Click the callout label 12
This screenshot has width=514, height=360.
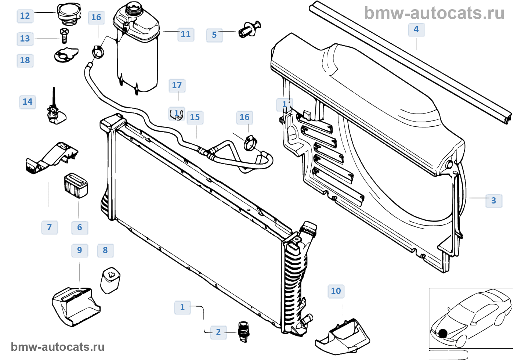point(25,16)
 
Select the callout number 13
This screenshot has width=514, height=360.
point(25,39)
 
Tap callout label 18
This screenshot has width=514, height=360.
point(25,60)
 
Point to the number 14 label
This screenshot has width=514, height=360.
point(28,102)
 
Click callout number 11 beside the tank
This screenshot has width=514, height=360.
point(186,35)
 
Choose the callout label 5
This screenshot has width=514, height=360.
point(214,35)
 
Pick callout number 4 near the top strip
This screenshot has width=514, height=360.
point(416,29)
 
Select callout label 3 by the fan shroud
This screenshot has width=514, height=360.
point(493,201)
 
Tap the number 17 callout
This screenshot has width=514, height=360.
point(177,85)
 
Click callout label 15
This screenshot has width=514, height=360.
point(195,117)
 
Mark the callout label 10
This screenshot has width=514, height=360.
point(336,291)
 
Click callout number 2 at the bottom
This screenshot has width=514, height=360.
point(218,332)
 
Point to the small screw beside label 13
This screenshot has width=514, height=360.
point(65,35)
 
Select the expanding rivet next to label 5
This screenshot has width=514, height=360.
point(250,29)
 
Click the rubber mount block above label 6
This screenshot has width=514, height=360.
point(76,185)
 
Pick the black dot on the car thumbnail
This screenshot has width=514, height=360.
point(443,333)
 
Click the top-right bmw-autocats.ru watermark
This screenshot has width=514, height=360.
point(434,14)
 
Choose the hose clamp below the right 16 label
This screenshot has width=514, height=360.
point(250,143)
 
